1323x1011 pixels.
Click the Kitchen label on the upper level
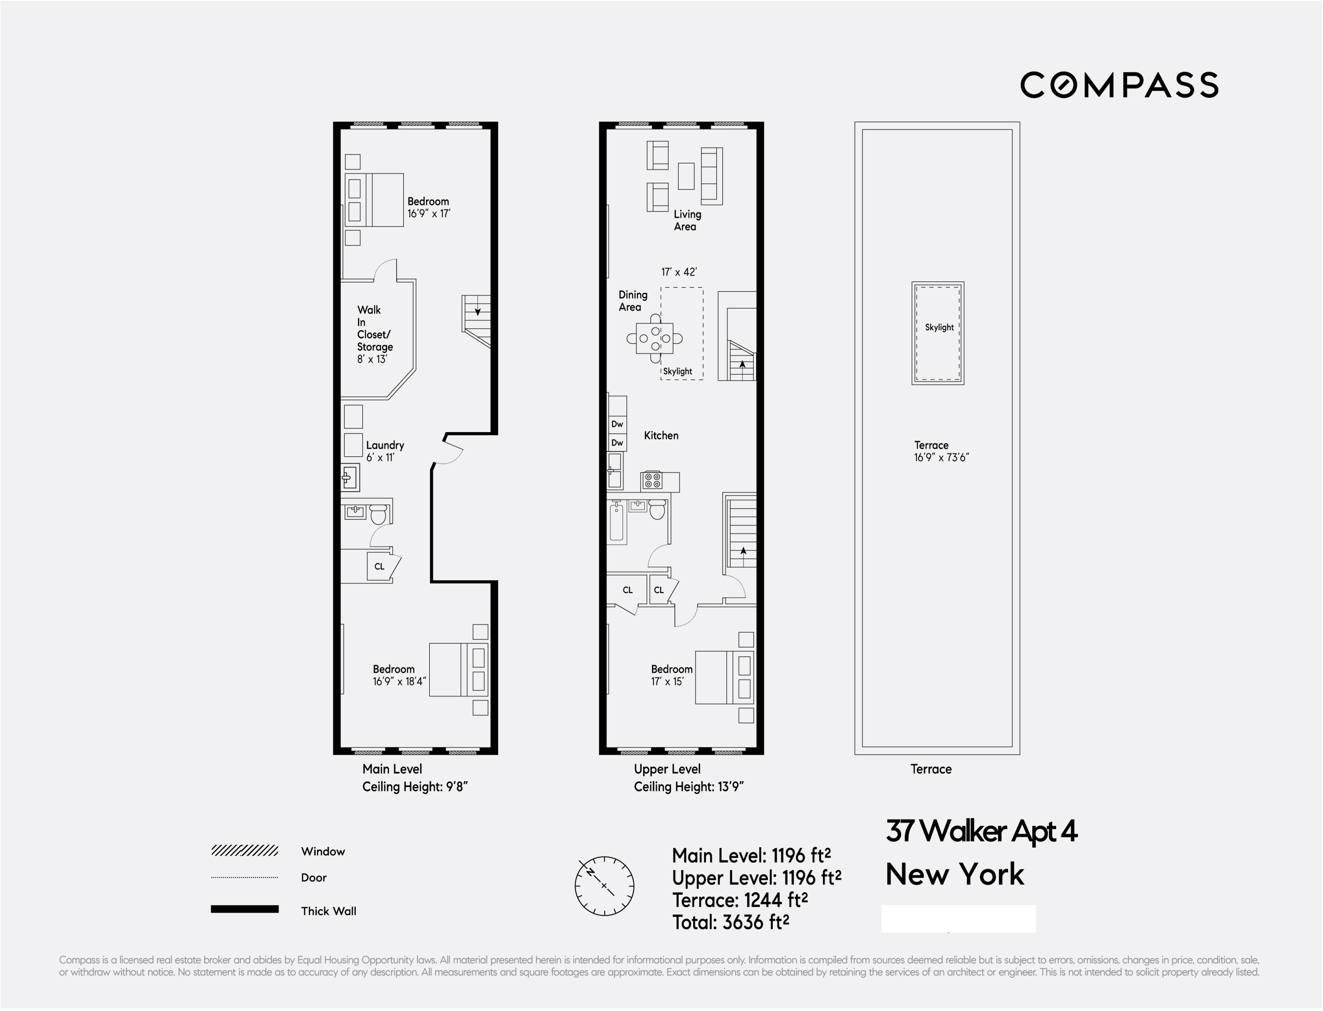point(660,435)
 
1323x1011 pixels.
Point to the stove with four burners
point(652,480)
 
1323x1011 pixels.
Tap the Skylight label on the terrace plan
point(939,327)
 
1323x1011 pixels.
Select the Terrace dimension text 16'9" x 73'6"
point(941,457)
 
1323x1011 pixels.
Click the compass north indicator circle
point(603,886)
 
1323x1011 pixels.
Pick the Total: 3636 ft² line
point(730,922)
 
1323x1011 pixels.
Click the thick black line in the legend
point(244,909)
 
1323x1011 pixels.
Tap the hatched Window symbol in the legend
point(244,851)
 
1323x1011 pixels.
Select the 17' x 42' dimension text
point(679,272)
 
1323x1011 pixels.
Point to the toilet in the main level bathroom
point(378,515)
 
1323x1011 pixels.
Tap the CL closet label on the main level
point(379,566)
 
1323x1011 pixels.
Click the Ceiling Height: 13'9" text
point(688,787)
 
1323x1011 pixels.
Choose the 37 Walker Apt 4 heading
point(981,831)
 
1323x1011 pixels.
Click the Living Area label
point(686,220)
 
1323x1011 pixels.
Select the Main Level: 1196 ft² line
point(751,855)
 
